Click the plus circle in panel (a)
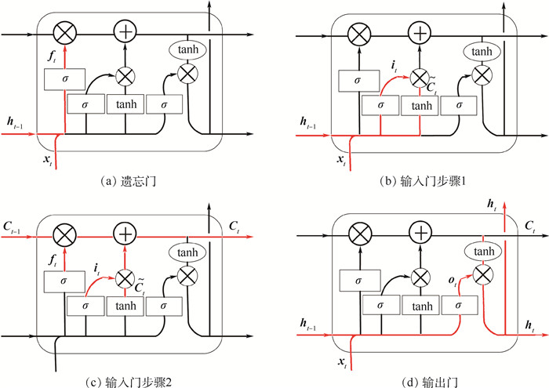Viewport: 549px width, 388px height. click(125, 31)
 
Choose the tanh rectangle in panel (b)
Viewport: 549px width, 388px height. click(421, 104)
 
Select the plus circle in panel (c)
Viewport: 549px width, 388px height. click(125, 233)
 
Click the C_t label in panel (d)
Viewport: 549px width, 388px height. click(530, 226)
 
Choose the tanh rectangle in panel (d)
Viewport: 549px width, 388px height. click(421, 305)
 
